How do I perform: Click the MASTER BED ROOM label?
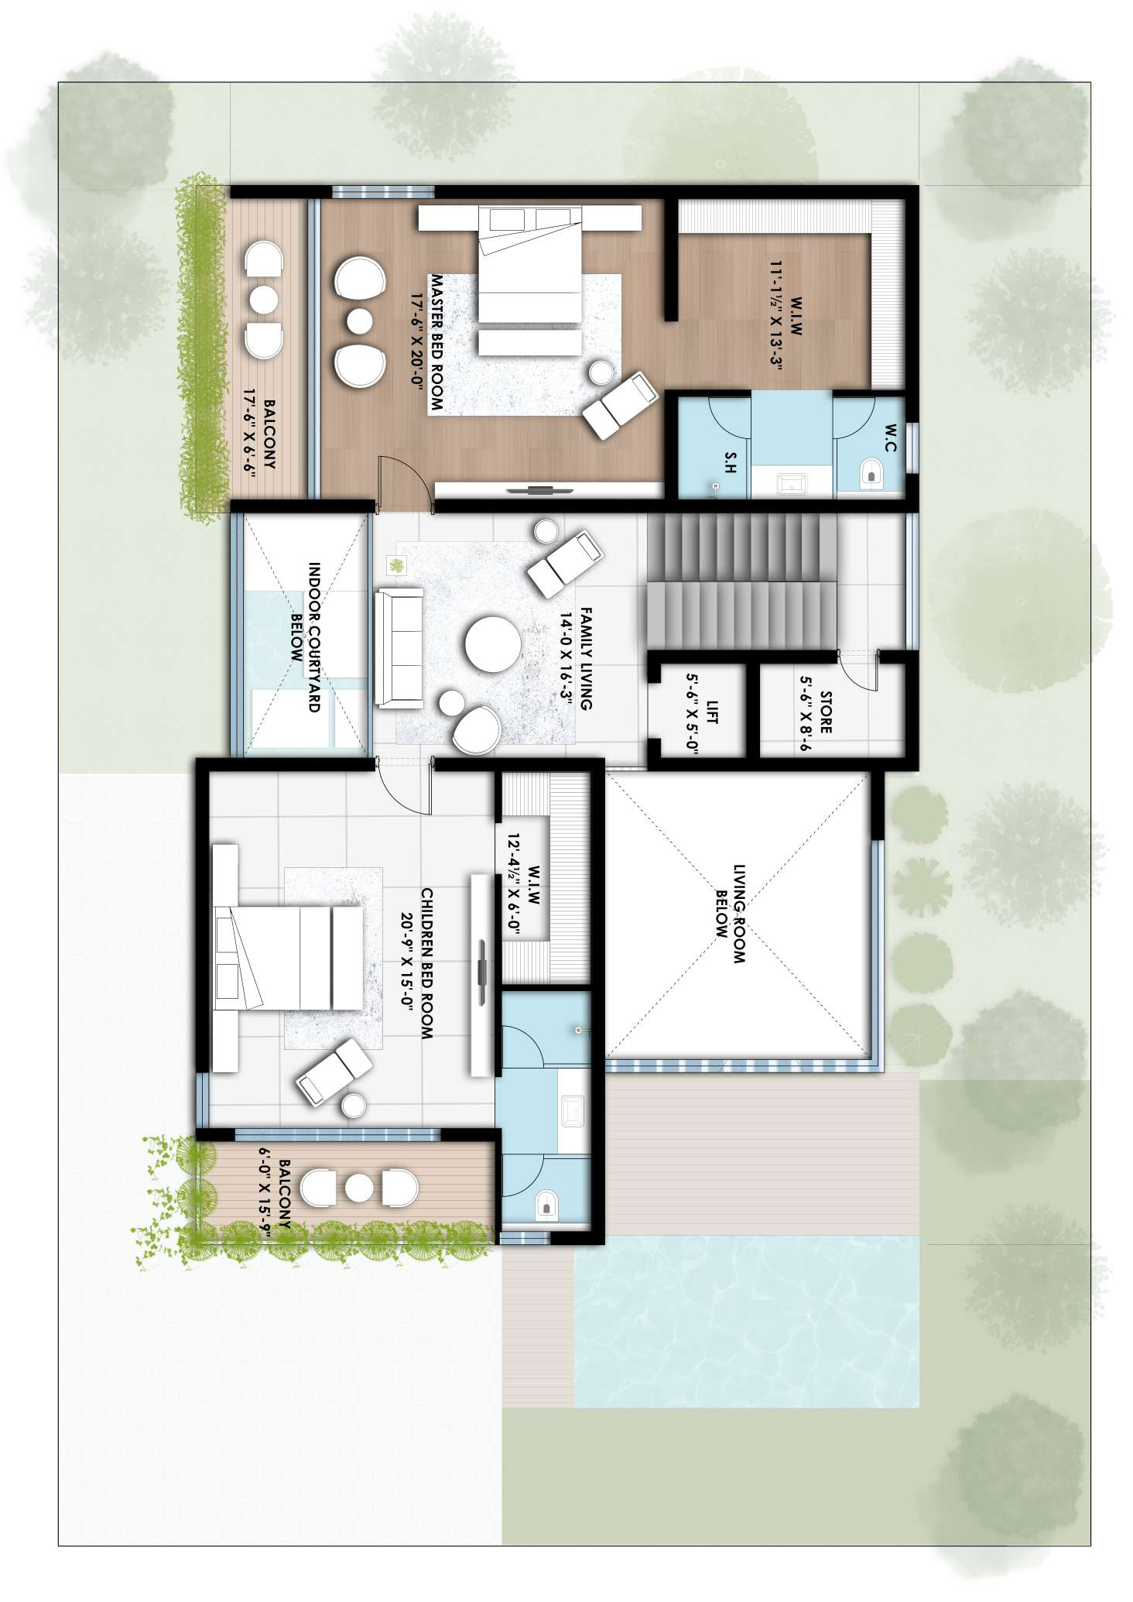click(x=436, y=342)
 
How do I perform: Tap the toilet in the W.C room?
click(x=871, y=472)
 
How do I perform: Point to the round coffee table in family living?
click(x=493, y=644)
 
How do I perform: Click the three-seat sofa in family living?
click(x=399, y=647)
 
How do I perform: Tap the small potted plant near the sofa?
click(x=397, y=566)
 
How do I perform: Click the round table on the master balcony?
click(x=263, y=300)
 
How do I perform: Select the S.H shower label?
click(x=729, y=462)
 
